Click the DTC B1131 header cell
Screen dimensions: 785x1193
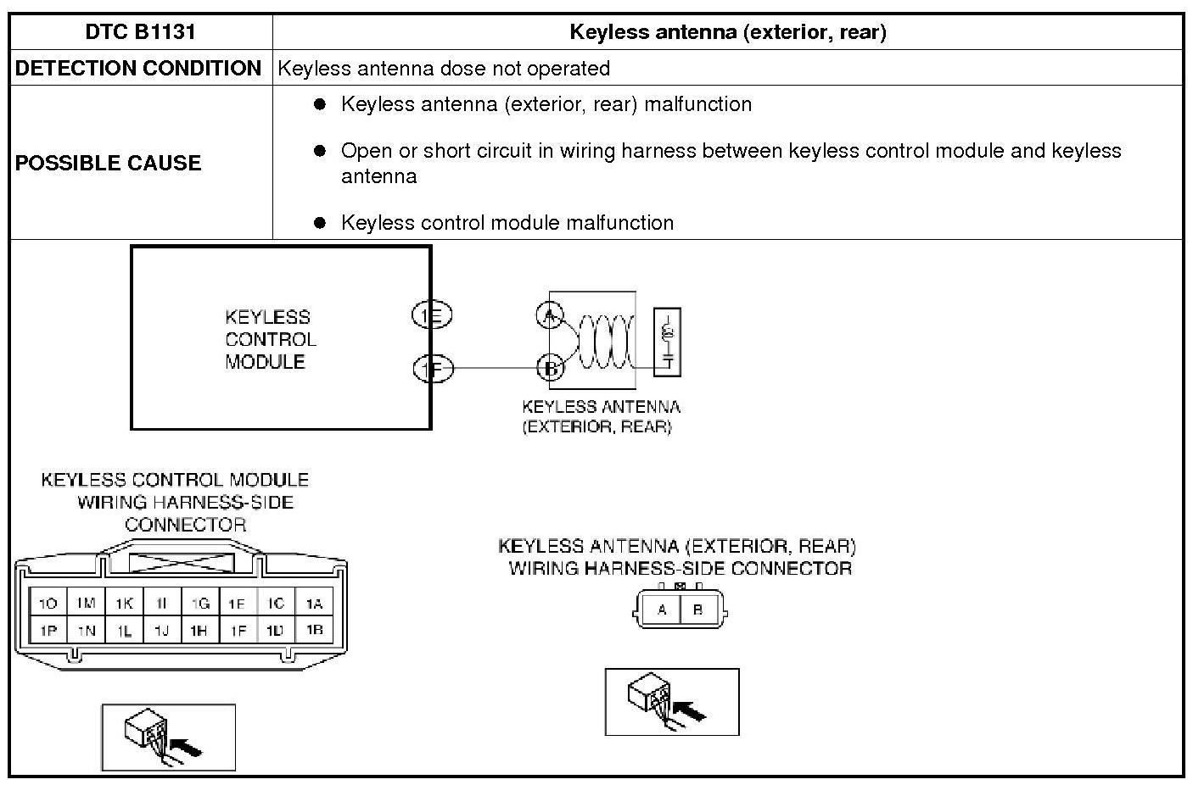(140, 32)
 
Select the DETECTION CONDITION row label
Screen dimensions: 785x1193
(138, 69)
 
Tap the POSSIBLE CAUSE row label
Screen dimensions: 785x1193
(108, 163)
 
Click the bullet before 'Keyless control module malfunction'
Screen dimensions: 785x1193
(320, 223)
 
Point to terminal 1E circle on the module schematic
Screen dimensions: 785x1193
(432, 316)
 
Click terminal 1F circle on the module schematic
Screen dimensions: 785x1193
(433, 369)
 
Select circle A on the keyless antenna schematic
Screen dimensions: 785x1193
(550, 315)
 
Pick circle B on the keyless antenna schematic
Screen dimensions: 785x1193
(551, 368)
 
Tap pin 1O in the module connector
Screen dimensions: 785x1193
(48, 604)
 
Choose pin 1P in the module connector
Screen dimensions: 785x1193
(48, 631)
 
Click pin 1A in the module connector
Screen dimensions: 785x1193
(314, 604)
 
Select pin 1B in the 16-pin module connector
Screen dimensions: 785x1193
(314, 631)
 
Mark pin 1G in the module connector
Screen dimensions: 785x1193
(200, 604)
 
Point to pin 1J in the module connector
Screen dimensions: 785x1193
(162, 631)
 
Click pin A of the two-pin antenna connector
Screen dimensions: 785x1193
(662, 610)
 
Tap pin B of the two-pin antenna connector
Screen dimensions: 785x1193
(698, 610)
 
